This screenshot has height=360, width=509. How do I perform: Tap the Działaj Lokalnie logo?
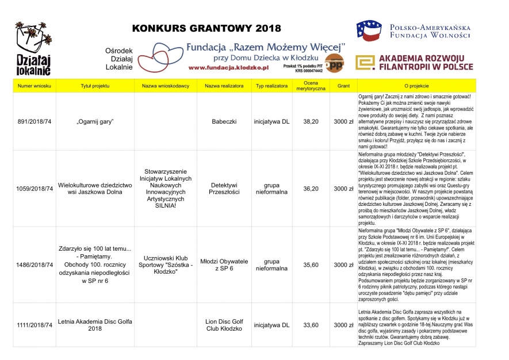pyautogui.click(x=33, y=48)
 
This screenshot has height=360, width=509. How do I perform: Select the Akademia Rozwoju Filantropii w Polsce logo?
pyautogui.click(x=414, y=63)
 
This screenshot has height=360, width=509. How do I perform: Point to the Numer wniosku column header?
pyautogui.click(x=35, y=86)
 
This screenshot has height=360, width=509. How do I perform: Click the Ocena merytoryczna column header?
pyautogui.click(x=311, y=86)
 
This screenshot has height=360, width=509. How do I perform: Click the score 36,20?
pyautogui.click(x=311, y=188)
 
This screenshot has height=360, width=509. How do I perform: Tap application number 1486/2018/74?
pyautogui.click(x=35, y=265)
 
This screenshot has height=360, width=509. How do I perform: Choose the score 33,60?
pyautogui.click(x=311, y=325)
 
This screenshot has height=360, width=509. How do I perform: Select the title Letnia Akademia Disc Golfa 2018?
pyautogui.click(x=95, y=325)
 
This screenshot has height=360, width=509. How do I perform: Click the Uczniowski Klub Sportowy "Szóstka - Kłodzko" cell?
pyautogui.click(x=165, y=265)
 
